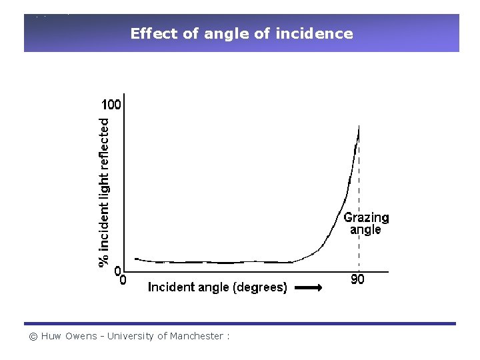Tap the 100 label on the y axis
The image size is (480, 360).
[111, 105]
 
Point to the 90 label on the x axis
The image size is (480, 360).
[357, 280]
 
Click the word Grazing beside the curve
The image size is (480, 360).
[366, 217]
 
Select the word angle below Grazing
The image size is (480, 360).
[365, 230]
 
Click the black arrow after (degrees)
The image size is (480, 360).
[308, 287]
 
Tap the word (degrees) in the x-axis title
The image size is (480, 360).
[259, 287]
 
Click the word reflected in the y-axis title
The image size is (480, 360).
[105, 142]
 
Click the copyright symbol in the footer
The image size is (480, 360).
[33, 336]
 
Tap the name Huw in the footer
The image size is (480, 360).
[51, 336]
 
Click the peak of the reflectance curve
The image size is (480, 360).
[359, 126]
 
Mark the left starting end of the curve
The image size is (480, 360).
[135, 259]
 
